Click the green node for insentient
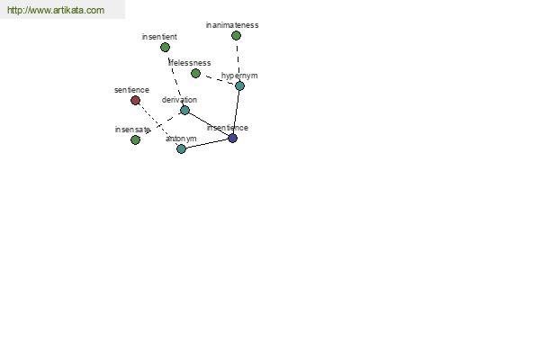[165, 47]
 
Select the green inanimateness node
[236, 35]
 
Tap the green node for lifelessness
[195, 73]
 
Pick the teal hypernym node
[239, 85]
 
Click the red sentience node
[135, 100]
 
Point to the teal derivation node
[184, 110]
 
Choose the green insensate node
[135, 139]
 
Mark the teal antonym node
[181, 148]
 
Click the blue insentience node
[232, 138]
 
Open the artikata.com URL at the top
[55, 10]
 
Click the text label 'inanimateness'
[231, 25]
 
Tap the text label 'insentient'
[159, 37]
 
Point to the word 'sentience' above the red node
[131, 90]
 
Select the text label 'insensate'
[132, 130]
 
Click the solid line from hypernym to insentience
[236, 112]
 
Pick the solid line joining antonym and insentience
[207, 143]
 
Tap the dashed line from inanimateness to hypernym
[238, 60]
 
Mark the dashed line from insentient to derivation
[175, 78]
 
